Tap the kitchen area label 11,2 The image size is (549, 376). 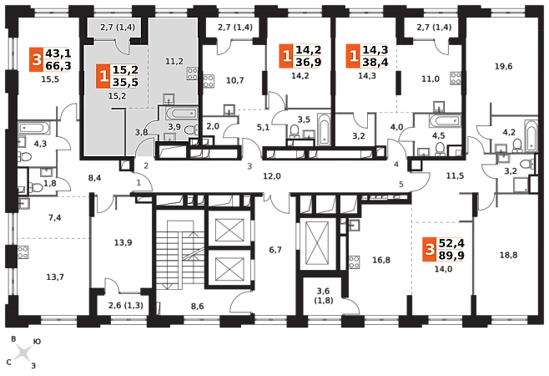(174, 61)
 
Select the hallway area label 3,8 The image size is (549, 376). (142, 131)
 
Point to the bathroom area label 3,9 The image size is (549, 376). (174, 126)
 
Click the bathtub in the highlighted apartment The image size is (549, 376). (180, 113)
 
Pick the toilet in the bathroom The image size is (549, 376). (190, 130)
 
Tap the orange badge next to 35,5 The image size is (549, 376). (103, 76)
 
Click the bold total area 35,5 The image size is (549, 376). (124, 83)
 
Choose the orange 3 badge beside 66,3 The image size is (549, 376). (35, 59)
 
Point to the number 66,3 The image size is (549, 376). (58, 66)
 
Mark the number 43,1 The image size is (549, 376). (58, 53)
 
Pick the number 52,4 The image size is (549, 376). (451, 242)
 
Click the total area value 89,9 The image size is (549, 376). (451, 256)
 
